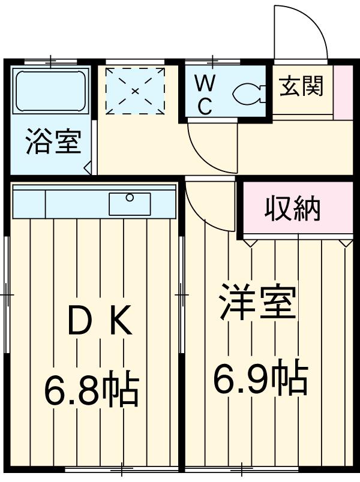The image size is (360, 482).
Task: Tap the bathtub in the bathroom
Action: coord(51,91)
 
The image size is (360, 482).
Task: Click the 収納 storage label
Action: coord(293,208)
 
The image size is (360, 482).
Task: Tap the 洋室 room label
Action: coord(257,304)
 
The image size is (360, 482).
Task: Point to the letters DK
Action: coord(98,324)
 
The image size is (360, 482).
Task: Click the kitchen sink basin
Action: coord(130,204)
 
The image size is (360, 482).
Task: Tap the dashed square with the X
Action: coord(135,90)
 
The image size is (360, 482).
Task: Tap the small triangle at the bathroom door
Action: coord(88,168)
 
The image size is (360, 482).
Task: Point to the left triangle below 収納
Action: coord(251,242)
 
